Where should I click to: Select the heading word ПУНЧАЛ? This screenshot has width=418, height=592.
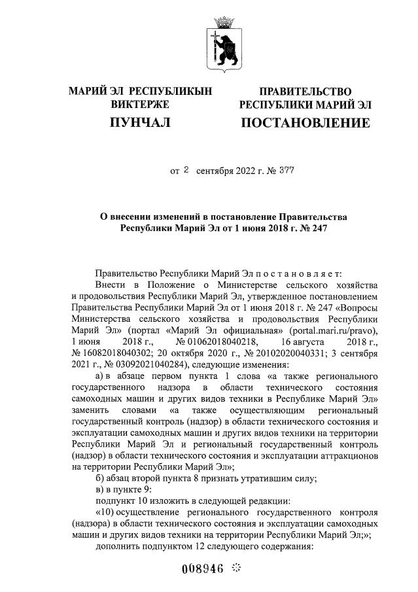(140, 122)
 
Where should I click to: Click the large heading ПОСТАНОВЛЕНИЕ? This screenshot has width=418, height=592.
(305, 122)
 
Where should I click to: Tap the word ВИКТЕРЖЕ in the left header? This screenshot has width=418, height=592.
(140, 104)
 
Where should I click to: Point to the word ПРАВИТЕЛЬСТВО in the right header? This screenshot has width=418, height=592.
(305, 91)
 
